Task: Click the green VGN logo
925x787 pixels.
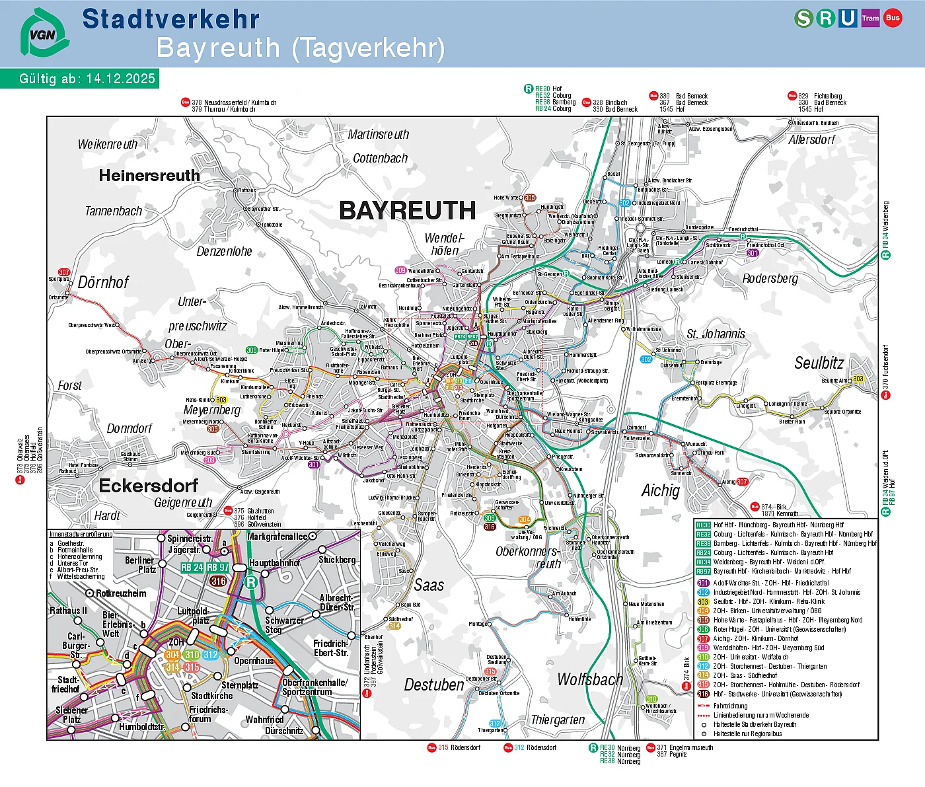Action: [44, 32]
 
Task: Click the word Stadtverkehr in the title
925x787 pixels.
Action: [170, 19]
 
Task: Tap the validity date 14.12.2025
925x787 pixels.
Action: [120, 79]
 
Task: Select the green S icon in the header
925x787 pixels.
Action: [803, 19]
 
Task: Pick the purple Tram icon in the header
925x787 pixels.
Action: [870, 19]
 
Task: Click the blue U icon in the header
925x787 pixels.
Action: [848, 19]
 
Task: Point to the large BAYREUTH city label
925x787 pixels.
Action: [407, 211]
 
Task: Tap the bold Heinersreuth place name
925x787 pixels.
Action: [149, 176]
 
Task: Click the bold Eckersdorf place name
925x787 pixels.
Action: [149, 486]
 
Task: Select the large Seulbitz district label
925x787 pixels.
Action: [819, 363]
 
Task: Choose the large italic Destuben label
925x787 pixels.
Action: [434, 685]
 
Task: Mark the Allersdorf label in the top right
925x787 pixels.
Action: [811, 139]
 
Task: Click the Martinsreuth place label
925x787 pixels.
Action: [379, 134]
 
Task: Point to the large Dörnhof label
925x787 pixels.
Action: [104, 282]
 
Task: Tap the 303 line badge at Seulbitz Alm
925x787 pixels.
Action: [858, 379]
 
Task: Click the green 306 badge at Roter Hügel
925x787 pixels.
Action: [252, 350]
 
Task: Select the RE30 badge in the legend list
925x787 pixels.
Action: [703, 525]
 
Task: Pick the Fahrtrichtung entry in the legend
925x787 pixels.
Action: [730, 706]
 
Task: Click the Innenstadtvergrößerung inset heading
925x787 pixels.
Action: [81, 534]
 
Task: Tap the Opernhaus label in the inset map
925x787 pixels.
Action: [254, 661]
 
